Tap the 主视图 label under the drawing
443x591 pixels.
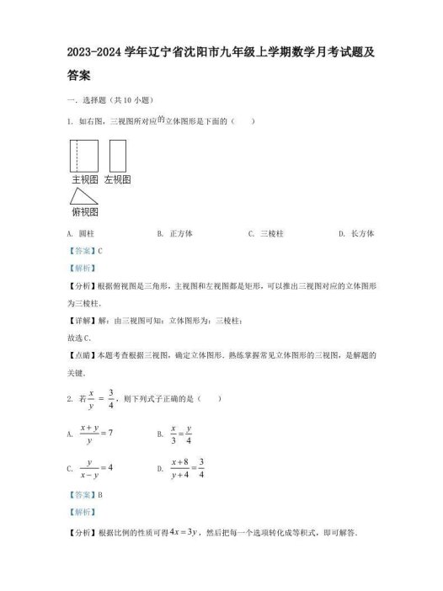pyautogui.click(x=85, y=179)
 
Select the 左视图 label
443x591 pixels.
pyautogui.click(x=117, y=179)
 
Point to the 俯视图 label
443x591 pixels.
pyautogui.click(x=86, y=211)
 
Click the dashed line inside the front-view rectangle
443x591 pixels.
pyautogui.click(x=79, y=156)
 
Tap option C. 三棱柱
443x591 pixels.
pyautogui.click(x=265, y=233)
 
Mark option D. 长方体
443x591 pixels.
pyautogui.click(x=356, y=233)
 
